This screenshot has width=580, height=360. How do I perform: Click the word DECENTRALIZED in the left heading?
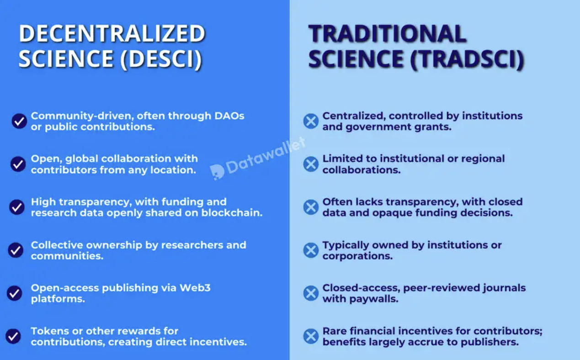click(112, 34)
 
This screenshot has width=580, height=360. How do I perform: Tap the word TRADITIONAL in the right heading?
click(387, 34)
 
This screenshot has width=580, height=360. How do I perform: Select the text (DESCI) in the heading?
click(161, 59)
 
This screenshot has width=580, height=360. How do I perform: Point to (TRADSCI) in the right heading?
click(468, 59)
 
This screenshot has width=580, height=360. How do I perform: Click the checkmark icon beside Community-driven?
click(19, 121)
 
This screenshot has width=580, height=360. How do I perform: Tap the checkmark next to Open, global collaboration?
click(18, 164)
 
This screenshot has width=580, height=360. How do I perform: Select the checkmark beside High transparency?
click(17, 207)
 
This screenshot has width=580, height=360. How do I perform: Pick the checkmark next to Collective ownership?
click(16, 250)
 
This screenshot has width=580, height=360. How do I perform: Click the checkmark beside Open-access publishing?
click(14, 293)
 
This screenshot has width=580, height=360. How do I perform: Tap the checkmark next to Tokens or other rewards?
click(13, 336)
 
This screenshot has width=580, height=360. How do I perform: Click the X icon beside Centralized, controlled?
click(311, 121)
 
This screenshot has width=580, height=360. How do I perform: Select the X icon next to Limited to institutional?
click(311, 164)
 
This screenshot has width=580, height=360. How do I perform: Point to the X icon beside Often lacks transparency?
click(311, 207)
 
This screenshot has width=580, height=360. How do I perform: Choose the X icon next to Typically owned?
click(311, 250)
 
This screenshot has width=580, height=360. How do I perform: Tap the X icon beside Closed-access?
click(311, 293)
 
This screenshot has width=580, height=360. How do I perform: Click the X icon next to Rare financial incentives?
click(311, 336)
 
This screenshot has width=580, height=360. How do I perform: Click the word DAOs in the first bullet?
click(229, 116)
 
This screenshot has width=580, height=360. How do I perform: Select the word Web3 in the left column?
click(195, 288)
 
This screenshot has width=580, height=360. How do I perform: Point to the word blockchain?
click(232, 213)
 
